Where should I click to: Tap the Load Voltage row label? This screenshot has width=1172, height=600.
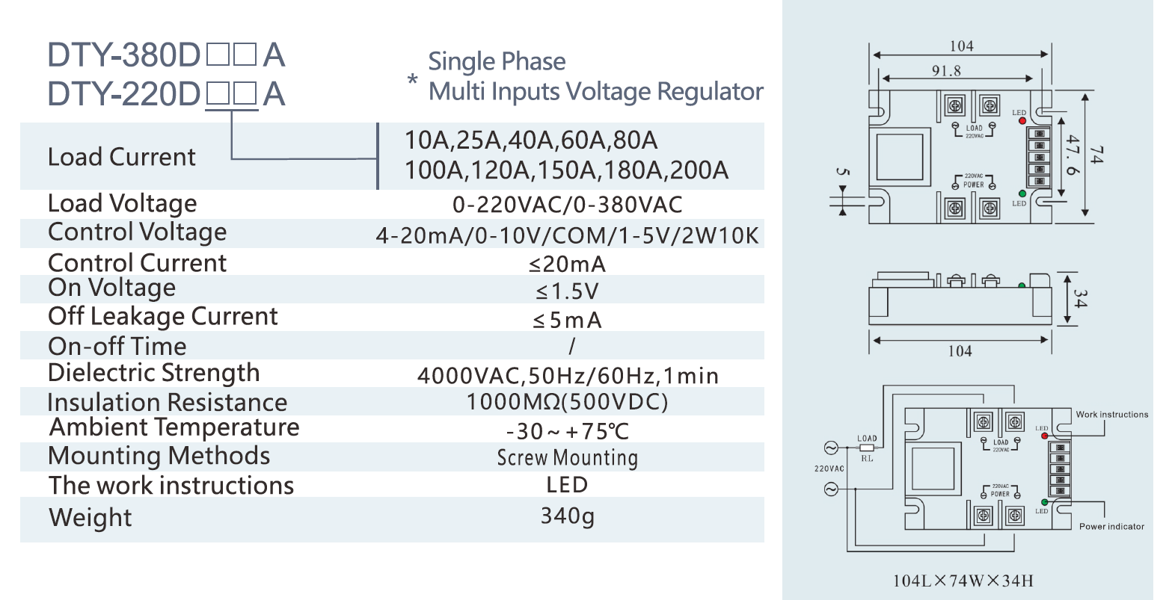click(x=122, y=203)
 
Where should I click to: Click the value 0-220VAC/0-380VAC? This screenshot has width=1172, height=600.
click(x=568, y=205)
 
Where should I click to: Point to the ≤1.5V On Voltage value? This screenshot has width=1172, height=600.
click(x=568, y=291)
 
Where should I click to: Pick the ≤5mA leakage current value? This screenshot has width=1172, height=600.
click(x=568, y=321)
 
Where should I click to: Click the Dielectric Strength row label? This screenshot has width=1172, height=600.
click(x=154, y=373)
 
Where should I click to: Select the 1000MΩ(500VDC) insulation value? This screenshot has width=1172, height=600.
click(x=568, y=402)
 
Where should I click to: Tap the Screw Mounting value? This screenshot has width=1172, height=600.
click(x=568, y=457)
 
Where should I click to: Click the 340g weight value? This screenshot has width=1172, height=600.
click(x=568, y=516)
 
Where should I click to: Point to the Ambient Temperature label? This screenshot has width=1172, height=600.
click(x=174, y=427)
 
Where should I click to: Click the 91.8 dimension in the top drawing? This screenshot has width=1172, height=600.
click(x=946, y=71)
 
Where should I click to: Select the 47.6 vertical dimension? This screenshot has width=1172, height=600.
click(x=1072, y=155)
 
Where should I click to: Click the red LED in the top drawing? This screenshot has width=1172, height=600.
click(x=1022, y=120)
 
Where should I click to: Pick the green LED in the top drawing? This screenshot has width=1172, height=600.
click(x=1022, y=194)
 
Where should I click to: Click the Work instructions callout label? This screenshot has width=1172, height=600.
click(x=1111, y=415)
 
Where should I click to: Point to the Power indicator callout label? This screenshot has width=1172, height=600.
click(x=1111, y=527)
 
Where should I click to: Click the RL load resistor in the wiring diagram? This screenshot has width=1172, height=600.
click(x=867, y=448)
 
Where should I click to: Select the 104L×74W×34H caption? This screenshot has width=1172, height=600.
click(x=963, y=581)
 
